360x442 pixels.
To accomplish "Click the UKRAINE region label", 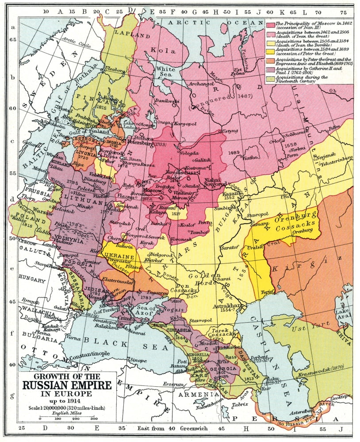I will tap(119, 256).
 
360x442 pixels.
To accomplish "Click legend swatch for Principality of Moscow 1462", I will tap(269, 24).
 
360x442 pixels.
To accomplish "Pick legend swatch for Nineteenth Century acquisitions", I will tap(269, 78).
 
